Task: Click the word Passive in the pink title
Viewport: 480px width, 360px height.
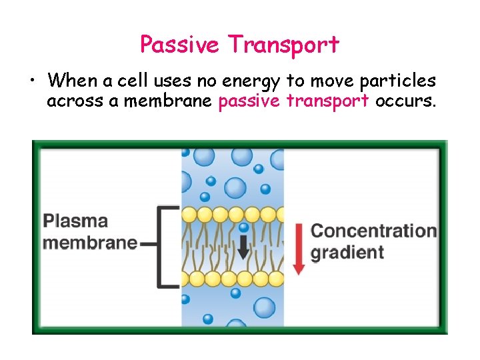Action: click(x=179, y=45)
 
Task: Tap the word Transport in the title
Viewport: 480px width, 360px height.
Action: click(x=283, y=45)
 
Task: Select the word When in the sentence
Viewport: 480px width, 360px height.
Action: click(x=73, y=81)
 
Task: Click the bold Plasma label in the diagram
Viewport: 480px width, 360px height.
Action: click(x=75, y=221)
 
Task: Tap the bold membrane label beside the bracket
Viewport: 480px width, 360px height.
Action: click(x=89, y=242)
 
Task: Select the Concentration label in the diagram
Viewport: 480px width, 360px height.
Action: click(x=374, y=231)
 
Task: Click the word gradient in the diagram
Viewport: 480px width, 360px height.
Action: click(x=347, y=253)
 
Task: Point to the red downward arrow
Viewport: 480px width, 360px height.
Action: click(x=299, y=247)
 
